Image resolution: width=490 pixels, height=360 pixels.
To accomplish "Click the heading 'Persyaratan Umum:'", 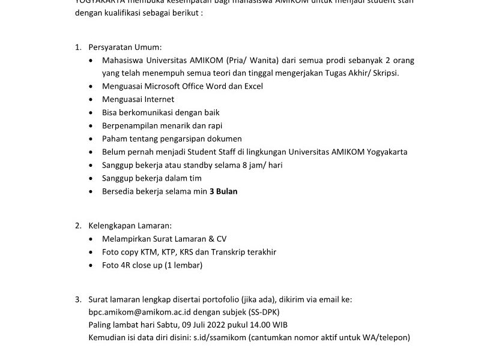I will click(x=125, y=47).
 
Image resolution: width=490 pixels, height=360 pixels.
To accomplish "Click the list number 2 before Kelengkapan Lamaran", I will click(x=78, y=226).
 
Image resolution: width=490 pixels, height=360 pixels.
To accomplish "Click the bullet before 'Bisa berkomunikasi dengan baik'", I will click(x=91, y=113).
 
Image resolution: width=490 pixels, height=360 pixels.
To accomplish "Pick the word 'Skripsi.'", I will click(x=383, y=73).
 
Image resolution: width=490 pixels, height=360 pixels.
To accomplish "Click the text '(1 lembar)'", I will click(x=183, y=265).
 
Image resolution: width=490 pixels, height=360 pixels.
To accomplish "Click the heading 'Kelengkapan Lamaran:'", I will click(x=130, y=226).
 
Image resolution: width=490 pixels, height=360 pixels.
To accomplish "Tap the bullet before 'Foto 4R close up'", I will click(x=91, y=265).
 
